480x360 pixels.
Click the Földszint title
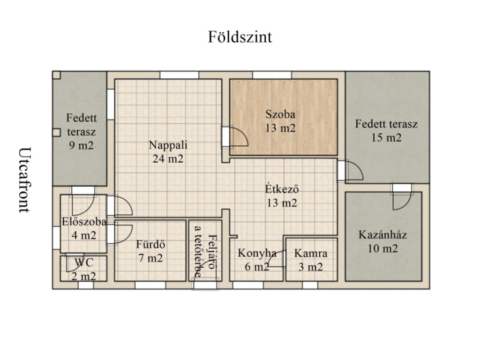click(x=240, y=37)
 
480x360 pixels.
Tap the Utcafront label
click(x=25, y=180)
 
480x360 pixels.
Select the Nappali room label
click(x=168, y=145)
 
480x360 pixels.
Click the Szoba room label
click(x=280, y=114)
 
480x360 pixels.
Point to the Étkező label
click(x=282, y=189)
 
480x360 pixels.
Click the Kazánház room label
click(x=382, y=235)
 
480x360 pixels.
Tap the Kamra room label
click(x=311, y=254)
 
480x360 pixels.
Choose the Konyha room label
click(x=257, y=254)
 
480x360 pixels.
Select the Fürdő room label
click(x=150, y=244)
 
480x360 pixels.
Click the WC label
click(x=84, y=262)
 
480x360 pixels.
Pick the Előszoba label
click(x=84, y=222)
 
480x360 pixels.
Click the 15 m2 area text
click(x=386, y=138)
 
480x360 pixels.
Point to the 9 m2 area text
click(x=81, y=145)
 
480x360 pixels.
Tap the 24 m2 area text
click(x=168, y=159)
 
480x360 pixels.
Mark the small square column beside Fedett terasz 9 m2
click(x=56, y=133)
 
